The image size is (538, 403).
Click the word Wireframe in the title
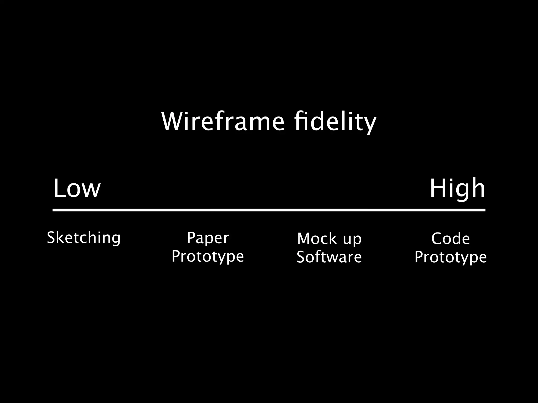[223, 122]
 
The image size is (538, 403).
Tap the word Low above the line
[77, 188]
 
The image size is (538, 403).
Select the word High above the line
[457, 188]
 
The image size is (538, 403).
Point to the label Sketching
[84, 238]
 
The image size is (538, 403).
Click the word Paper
[208, 238]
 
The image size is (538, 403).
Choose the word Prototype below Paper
[208, 256]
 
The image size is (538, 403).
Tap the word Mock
[317, 238]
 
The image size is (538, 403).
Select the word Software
[329, 257]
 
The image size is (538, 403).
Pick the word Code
[451, 238]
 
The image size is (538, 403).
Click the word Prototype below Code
[451, 257]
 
